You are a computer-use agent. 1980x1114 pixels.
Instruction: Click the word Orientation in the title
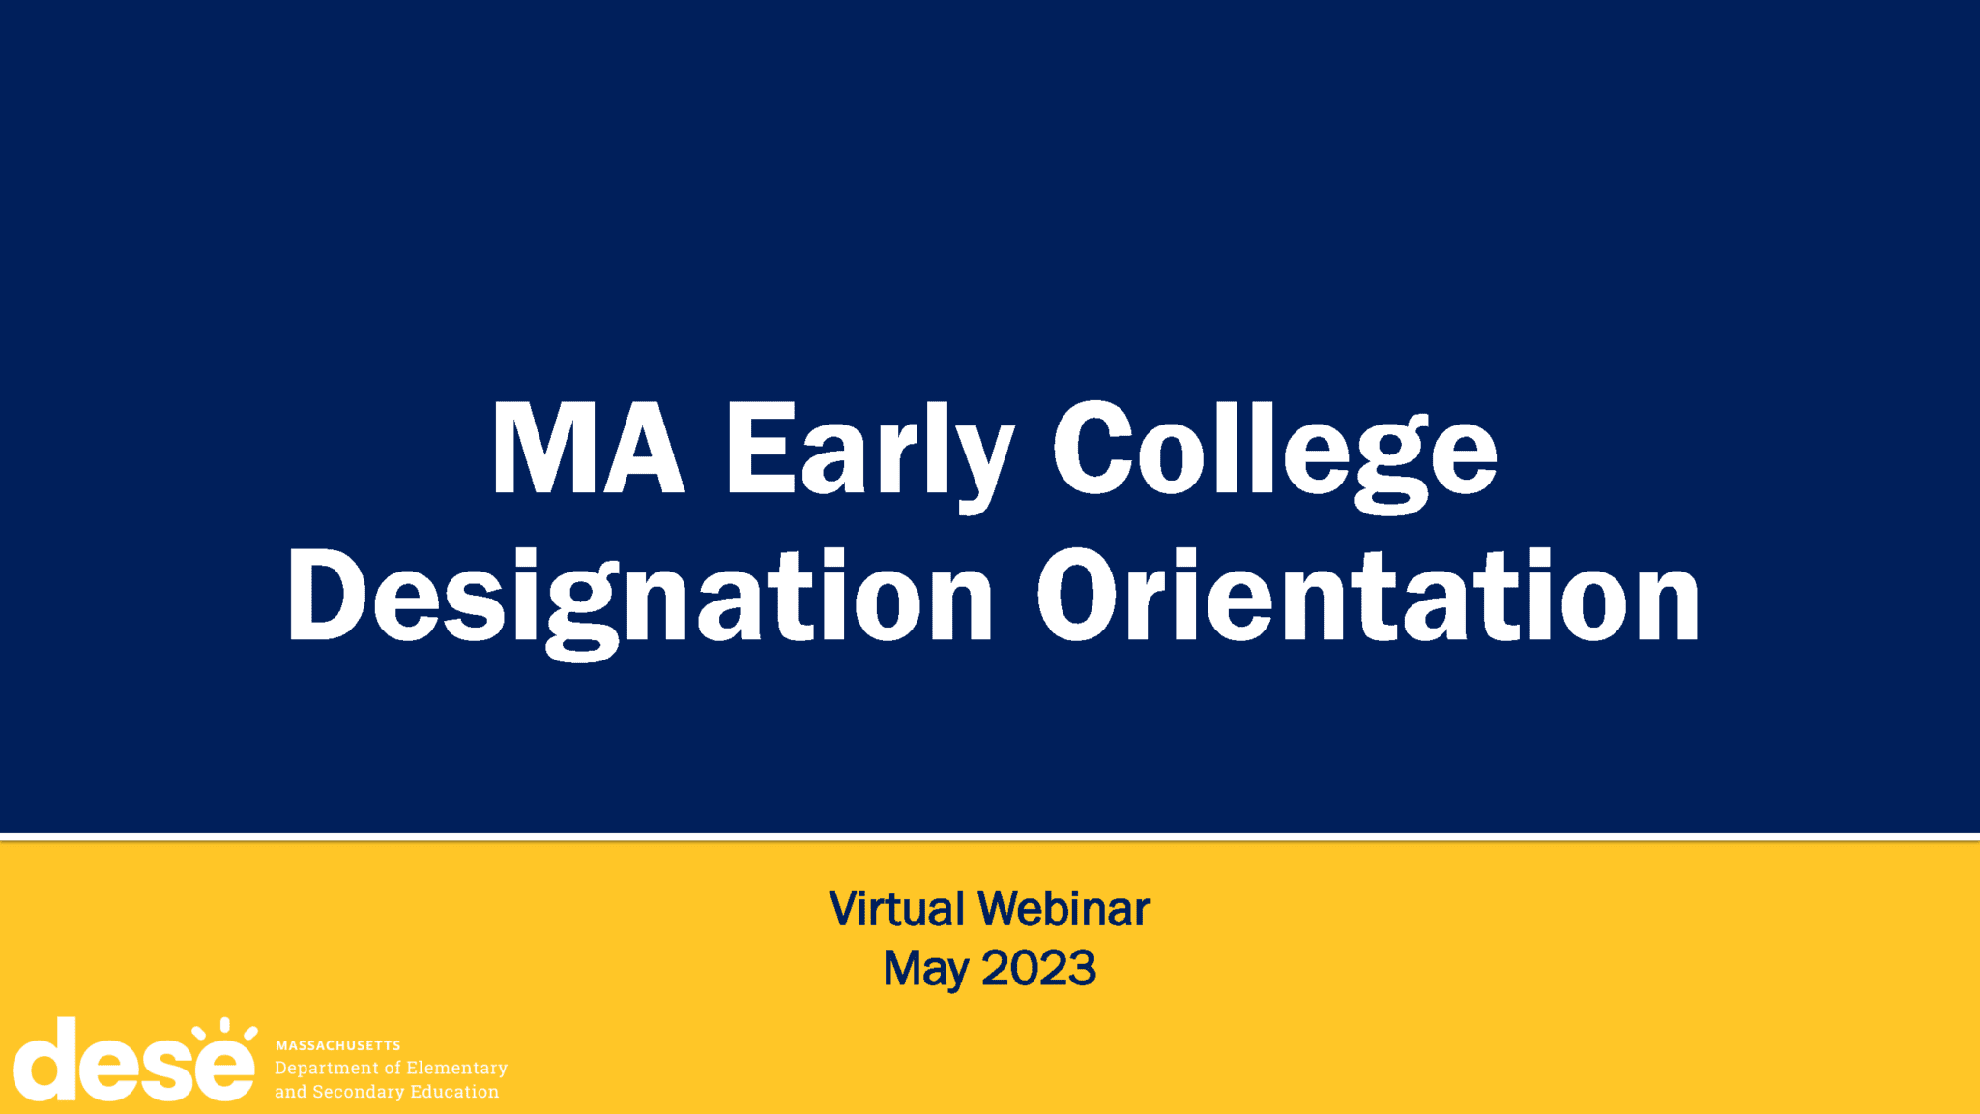point(1368,595)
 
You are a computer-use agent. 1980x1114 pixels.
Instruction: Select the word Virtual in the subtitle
point(896,909)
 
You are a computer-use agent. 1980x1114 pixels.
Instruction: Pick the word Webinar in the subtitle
point(1063,909)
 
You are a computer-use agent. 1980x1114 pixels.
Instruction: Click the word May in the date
point(925,970)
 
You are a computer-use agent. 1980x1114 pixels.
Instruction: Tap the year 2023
point(1038,968)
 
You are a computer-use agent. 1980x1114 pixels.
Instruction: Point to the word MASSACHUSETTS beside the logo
point(337,1045)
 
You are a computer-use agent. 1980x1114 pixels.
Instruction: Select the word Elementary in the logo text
point(456,1069)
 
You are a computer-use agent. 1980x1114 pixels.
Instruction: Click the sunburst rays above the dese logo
point(224,1029)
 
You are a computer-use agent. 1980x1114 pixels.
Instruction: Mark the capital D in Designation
point(326,595)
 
